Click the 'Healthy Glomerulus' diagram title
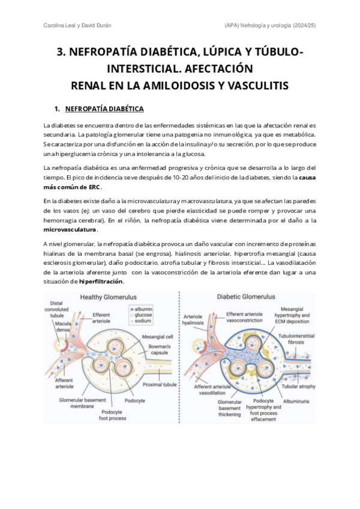point(109,297)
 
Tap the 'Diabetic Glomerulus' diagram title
point(246,297)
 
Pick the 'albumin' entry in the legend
point(144,307)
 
